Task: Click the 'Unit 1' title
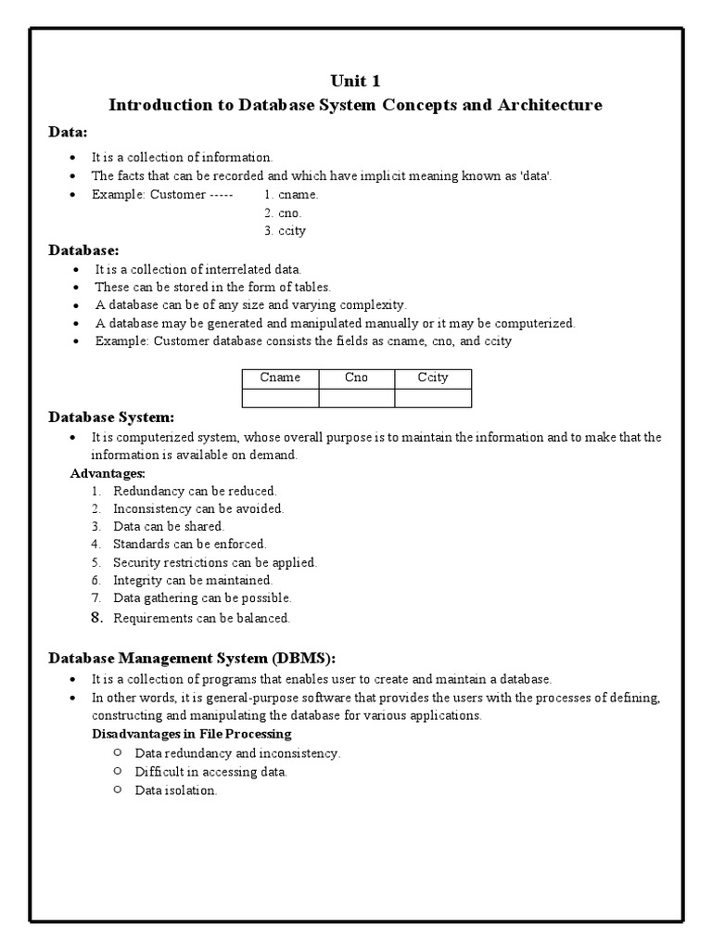[x=355, y=81]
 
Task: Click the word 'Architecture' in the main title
[x=551, y=105]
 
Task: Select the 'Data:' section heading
[x=68, y=133]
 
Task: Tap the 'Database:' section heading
[x=83, y=250]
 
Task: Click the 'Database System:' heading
[x=111, y=417]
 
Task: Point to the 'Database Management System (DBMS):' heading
[x=191, y=658]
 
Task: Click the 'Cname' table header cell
[x=280, y=379]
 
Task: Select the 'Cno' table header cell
[x=356, y=379]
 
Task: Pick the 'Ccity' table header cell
[x=433, y=379]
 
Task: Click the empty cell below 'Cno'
[x=356, y=398]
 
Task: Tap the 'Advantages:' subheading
[x=108, y=473]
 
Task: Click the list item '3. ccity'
[x=285, y=230]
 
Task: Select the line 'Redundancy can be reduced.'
[x=195, y=491]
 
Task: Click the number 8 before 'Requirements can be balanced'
[x=95, y=617]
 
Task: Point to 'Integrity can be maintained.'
[x=193, y=580]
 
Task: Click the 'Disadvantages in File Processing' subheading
[x=192, y=734]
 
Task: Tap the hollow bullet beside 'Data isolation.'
[x=117, y=790]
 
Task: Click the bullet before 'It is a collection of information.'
[x=73, y=158]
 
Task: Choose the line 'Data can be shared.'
[x=169, y=526]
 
